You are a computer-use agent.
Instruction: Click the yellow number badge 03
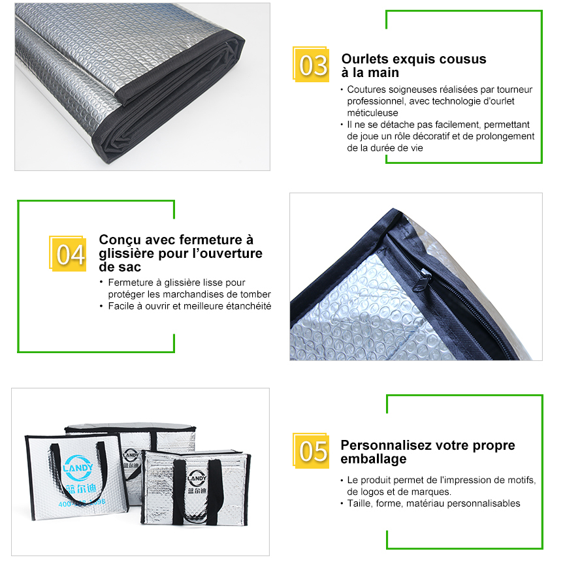pyautogui.click(x=311, y=65)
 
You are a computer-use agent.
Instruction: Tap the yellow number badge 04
pyautogui.click(x=68, y=253)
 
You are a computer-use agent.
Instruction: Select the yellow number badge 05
pyautogui.click(x=311, y=450)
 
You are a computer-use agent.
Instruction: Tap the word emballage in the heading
pyautogui.click(x=374, y=459)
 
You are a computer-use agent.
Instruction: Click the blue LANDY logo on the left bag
pyautogui.click(x=78, y=468)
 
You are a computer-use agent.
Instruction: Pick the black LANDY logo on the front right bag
pyautogui.click(x=197, y=478)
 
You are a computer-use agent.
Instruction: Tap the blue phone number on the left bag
pyautogui.click(x=82, y=503)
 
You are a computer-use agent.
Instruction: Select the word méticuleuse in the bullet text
pyautogui.click(x=372, y=113)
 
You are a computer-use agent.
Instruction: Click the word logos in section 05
pyautogui.click(x=372, y=492)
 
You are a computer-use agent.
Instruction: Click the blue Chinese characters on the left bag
pyautogui.click(x=82, y=488)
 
